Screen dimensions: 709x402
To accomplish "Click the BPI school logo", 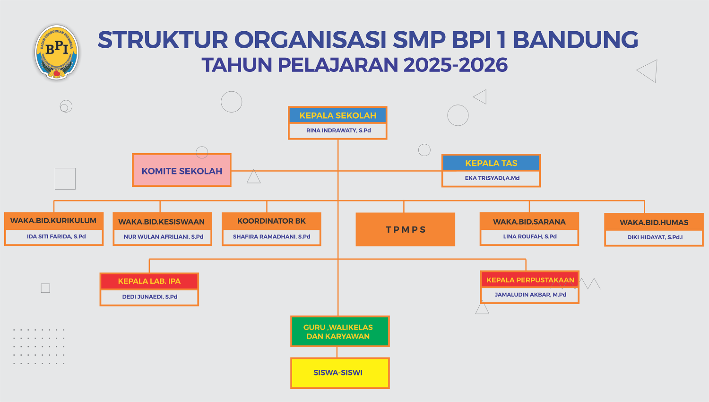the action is tap(57, 52).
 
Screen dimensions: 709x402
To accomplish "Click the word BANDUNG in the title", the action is tap(575, 40).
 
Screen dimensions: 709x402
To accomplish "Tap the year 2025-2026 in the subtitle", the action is tap(456, 65).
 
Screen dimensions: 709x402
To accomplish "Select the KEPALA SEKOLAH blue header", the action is tap(338, 115).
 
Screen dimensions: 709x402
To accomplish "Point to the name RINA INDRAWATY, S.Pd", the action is tap(338, 130).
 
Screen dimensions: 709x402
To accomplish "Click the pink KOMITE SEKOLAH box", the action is tap(182, 170).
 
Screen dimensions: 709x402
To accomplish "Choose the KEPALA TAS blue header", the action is tap(491, 163).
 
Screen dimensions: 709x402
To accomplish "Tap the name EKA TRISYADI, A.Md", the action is tap(492, 178).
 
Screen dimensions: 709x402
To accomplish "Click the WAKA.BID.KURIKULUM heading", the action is tap(53, 221).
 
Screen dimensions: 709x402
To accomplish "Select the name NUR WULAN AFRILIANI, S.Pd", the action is tap(164, 236).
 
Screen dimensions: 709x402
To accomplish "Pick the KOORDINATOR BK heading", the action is tap(271, 221).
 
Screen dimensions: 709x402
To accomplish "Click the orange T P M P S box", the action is tap(406, 229).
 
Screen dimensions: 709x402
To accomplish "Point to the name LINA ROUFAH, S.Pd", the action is tap(530, 236).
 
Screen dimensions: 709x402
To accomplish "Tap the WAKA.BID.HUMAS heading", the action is tap(654, 222).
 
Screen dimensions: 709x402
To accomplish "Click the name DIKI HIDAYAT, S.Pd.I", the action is tap(655, 237).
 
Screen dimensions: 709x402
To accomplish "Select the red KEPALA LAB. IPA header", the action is tap(149, 281).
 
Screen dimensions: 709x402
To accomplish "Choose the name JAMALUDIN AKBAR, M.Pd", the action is tap(530, 295).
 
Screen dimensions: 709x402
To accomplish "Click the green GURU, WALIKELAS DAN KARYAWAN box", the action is tap(340, 332).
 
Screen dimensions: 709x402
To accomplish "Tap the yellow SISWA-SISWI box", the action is tap(340, 373).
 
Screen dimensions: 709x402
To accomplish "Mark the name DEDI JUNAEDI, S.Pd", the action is tap(150, 297).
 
